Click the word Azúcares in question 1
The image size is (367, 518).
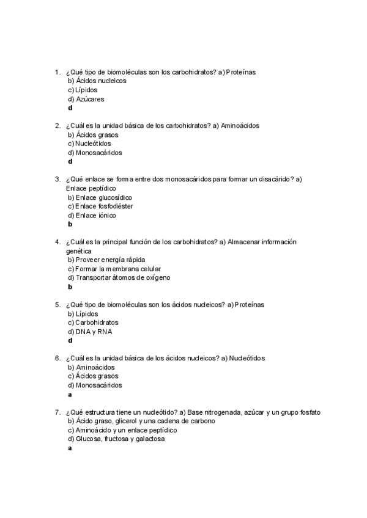90,99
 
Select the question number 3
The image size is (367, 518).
57,180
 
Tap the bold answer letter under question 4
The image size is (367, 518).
70,286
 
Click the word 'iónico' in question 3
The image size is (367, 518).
107,215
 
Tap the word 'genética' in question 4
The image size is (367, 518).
79,250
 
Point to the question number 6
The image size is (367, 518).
57,358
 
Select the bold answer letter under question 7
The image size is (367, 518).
70,448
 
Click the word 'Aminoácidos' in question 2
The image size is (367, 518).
240,126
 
